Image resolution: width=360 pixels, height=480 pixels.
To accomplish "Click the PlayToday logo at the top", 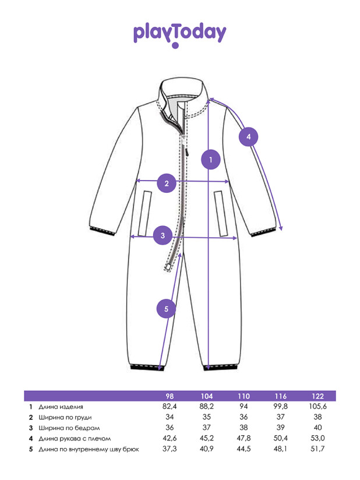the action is [x=179, y=34].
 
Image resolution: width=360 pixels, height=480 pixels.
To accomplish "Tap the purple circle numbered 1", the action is [x=211, y=160].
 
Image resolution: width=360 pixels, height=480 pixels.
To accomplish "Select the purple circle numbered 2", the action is [x=167, y=183].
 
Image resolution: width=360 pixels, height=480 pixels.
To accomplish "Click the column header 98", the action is [x=170, y=396].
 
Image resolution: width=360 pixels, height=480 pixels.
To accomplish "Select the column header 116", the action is [x=280, y=396].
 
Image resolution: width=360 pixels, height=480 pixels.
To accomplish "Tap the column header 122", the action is [x=317, y=396].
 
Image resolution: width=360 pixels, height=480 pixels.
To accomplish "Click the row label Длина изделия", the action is [x=61, y=407].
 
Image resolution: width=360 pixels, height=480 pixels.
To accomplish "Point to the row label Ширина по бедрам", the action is [x=69, y=428].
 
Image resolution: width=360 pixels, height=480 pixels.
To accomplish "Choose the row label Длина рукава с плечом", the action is [x=75, y=439].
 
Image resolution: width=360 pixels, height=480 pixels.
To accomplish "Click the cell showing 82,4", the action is [x=170, y=407].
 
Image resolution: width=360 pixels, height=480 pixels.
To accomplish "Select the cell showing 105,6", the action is [x=317, y=407].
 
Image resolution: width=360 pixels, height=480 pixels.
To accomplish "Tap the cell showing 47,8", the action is [x=243, y=439].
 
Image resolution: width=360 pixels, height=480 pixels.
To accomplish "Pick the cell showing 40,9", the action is [x=207, y=449].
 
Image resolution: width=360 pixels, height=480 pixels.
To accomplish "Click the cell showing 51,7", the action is [x=317, y=449].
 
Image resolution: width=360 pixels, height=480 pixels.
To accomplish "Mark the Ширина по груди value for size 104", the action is [x=207, y=417].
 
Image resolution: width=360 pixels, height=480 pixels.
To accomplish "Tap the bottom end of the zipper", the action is [x=168, y=267].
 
